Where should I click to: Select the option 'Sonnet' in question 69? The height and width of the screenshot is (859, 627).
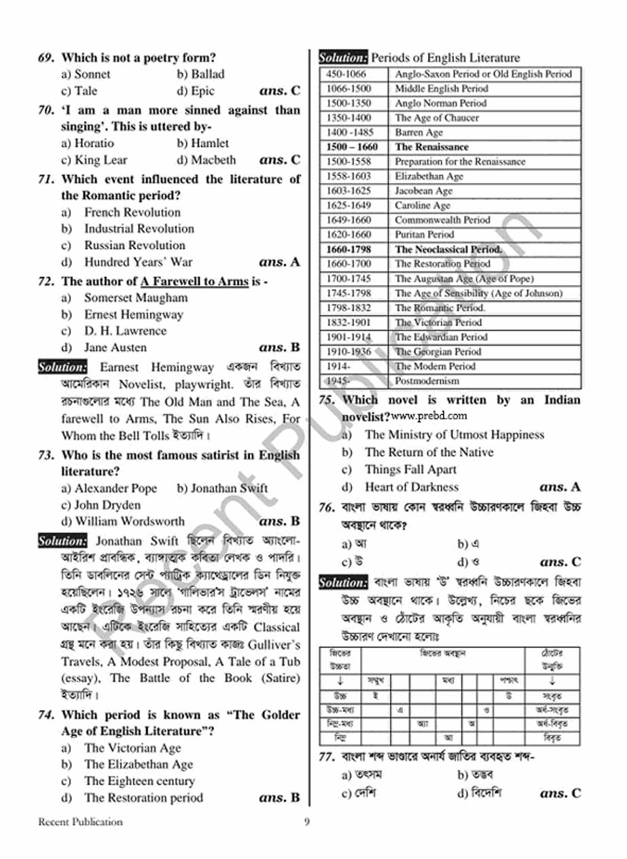pyautogui.click(x=92, y=74)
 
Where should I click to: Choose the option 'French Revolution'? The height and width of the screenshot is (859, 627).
pyautogui.click(x=132, y=212)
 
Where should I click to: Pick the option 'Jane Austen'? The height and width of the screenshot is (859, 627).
pyautogui.click(x=115, y=348)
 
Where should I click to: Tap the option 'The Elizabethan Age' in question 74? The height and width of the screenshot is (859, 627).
pyautogui.click(x=138, y=764)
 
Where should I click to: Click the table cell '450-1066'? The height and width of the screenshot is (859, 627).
pyautogui.click(x=346, y=74)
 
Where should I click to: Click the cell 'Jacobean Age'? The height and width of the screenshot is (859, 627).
pyautogui.click(x=423, y=191)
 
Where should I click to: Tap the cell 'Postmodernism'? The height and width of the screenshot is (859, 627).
pyautogui.click(x=427, y=381)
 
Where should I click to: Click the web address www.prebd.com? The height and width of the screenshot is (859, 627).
pyautogui.click(x=429, y=416)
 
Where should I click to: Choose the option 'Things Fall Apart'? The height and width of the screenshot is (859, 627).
pyautogui.click(x=410, y=469)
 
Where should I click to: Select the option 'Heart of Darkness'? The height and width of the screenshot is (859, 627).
pyautogui.click(x=411, y=487)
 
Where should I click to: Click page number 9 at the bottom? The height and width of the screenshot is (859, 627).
pyautogui.click(x=307, y=822)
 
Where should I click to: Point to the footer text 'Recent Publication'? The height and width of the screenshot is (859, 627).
pyautogui.click(x=80, y=822)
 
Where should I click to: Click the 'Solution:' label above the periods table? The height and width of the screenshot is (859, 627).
pyautogui.click(x=343, y=58)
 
